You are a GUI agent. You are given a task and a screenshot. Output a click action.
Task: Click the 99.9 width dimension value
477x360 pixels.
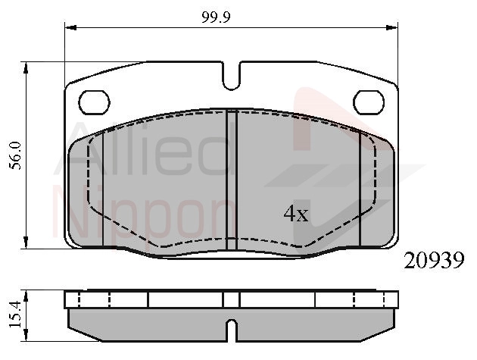pos(217,17)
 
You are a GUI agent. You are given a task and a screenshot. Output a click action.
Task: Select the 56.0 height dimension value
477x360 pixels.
pos(15,155)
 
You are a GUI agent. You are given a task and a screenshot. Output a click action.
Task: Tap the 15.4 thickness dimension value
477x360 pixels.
pos(15,315)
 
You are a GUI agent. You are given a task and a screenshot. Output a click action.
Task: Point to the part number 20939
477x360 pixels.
pos(434,261)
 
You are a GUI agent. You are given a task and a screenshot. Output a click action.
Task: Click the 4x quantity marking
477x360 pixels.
pos(296,213)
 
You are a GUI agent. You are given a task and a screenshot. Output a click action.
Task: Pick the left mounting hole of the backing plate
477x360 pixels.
pos(95,102)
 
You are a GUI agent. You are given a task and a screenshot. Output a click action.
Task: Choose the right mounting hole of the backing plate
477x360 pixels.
pos(369,102)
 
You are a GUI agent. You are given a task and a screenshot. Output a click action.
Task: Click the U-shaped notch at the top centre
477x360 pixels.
pos(232,76)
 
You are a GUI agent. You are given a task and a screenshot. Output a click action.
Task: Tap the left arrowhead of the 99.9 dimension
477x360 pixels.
pos(70,28)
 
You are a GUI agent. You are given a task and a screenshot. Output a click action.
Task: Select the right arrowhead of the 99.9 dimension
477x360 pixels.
pos(392,28)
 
